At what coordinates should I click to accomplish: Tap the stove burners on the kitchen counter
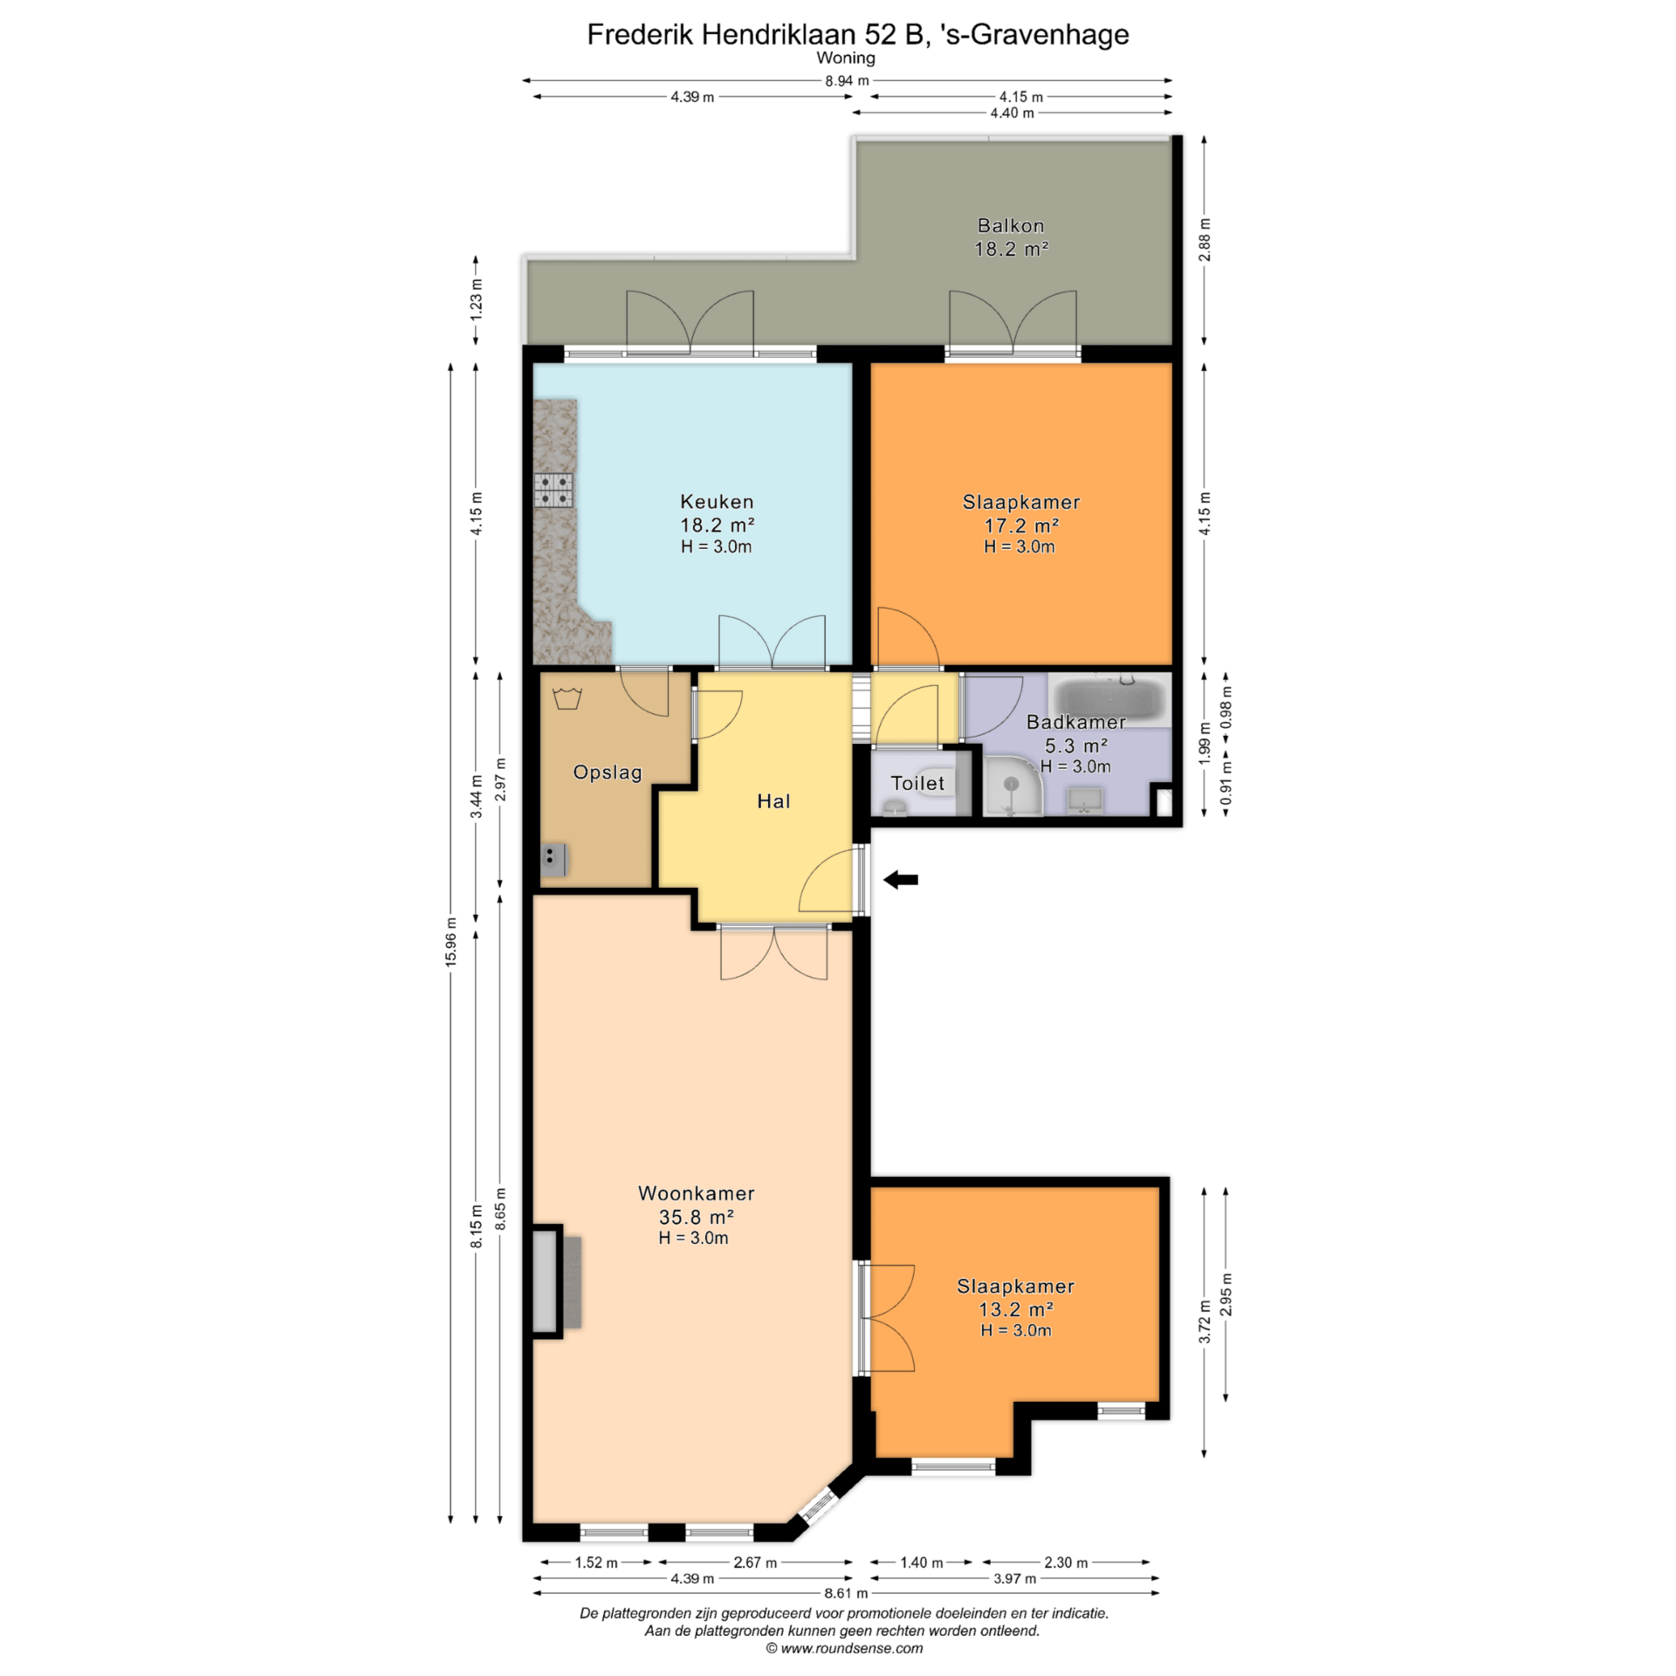[x=553, y=491]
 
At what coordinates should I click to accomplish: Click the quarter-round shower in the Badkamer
[x=1013, y=786]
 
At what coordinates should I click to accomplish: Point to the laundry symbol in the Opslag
[x=567, y=697]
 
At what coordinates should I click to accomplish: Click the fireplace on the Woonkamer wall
[x=555, y=1281]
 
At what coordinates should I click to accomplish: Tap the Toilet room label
[x=917, y=783]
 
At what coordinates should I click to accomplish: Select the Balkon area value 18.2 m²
[x=1011, y=249]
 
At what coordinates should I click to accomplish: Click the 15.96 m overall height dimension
[x=450, y=942]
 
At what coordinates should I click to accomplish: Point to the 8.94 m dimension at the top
[x=847, y=80]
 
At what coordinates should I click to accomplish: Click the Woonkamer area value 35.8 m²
[x=696, y=1217]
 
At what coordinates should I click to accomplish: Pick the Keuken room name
[x=717, y=502]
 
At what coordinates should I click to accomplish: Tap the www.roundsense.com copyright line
[x=844, y=1648]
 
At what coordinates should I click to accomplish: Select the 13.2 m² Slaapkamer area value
[x=1016, y=1309]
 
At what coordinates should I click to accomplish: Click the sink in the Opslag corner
[x=553, y=860]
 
